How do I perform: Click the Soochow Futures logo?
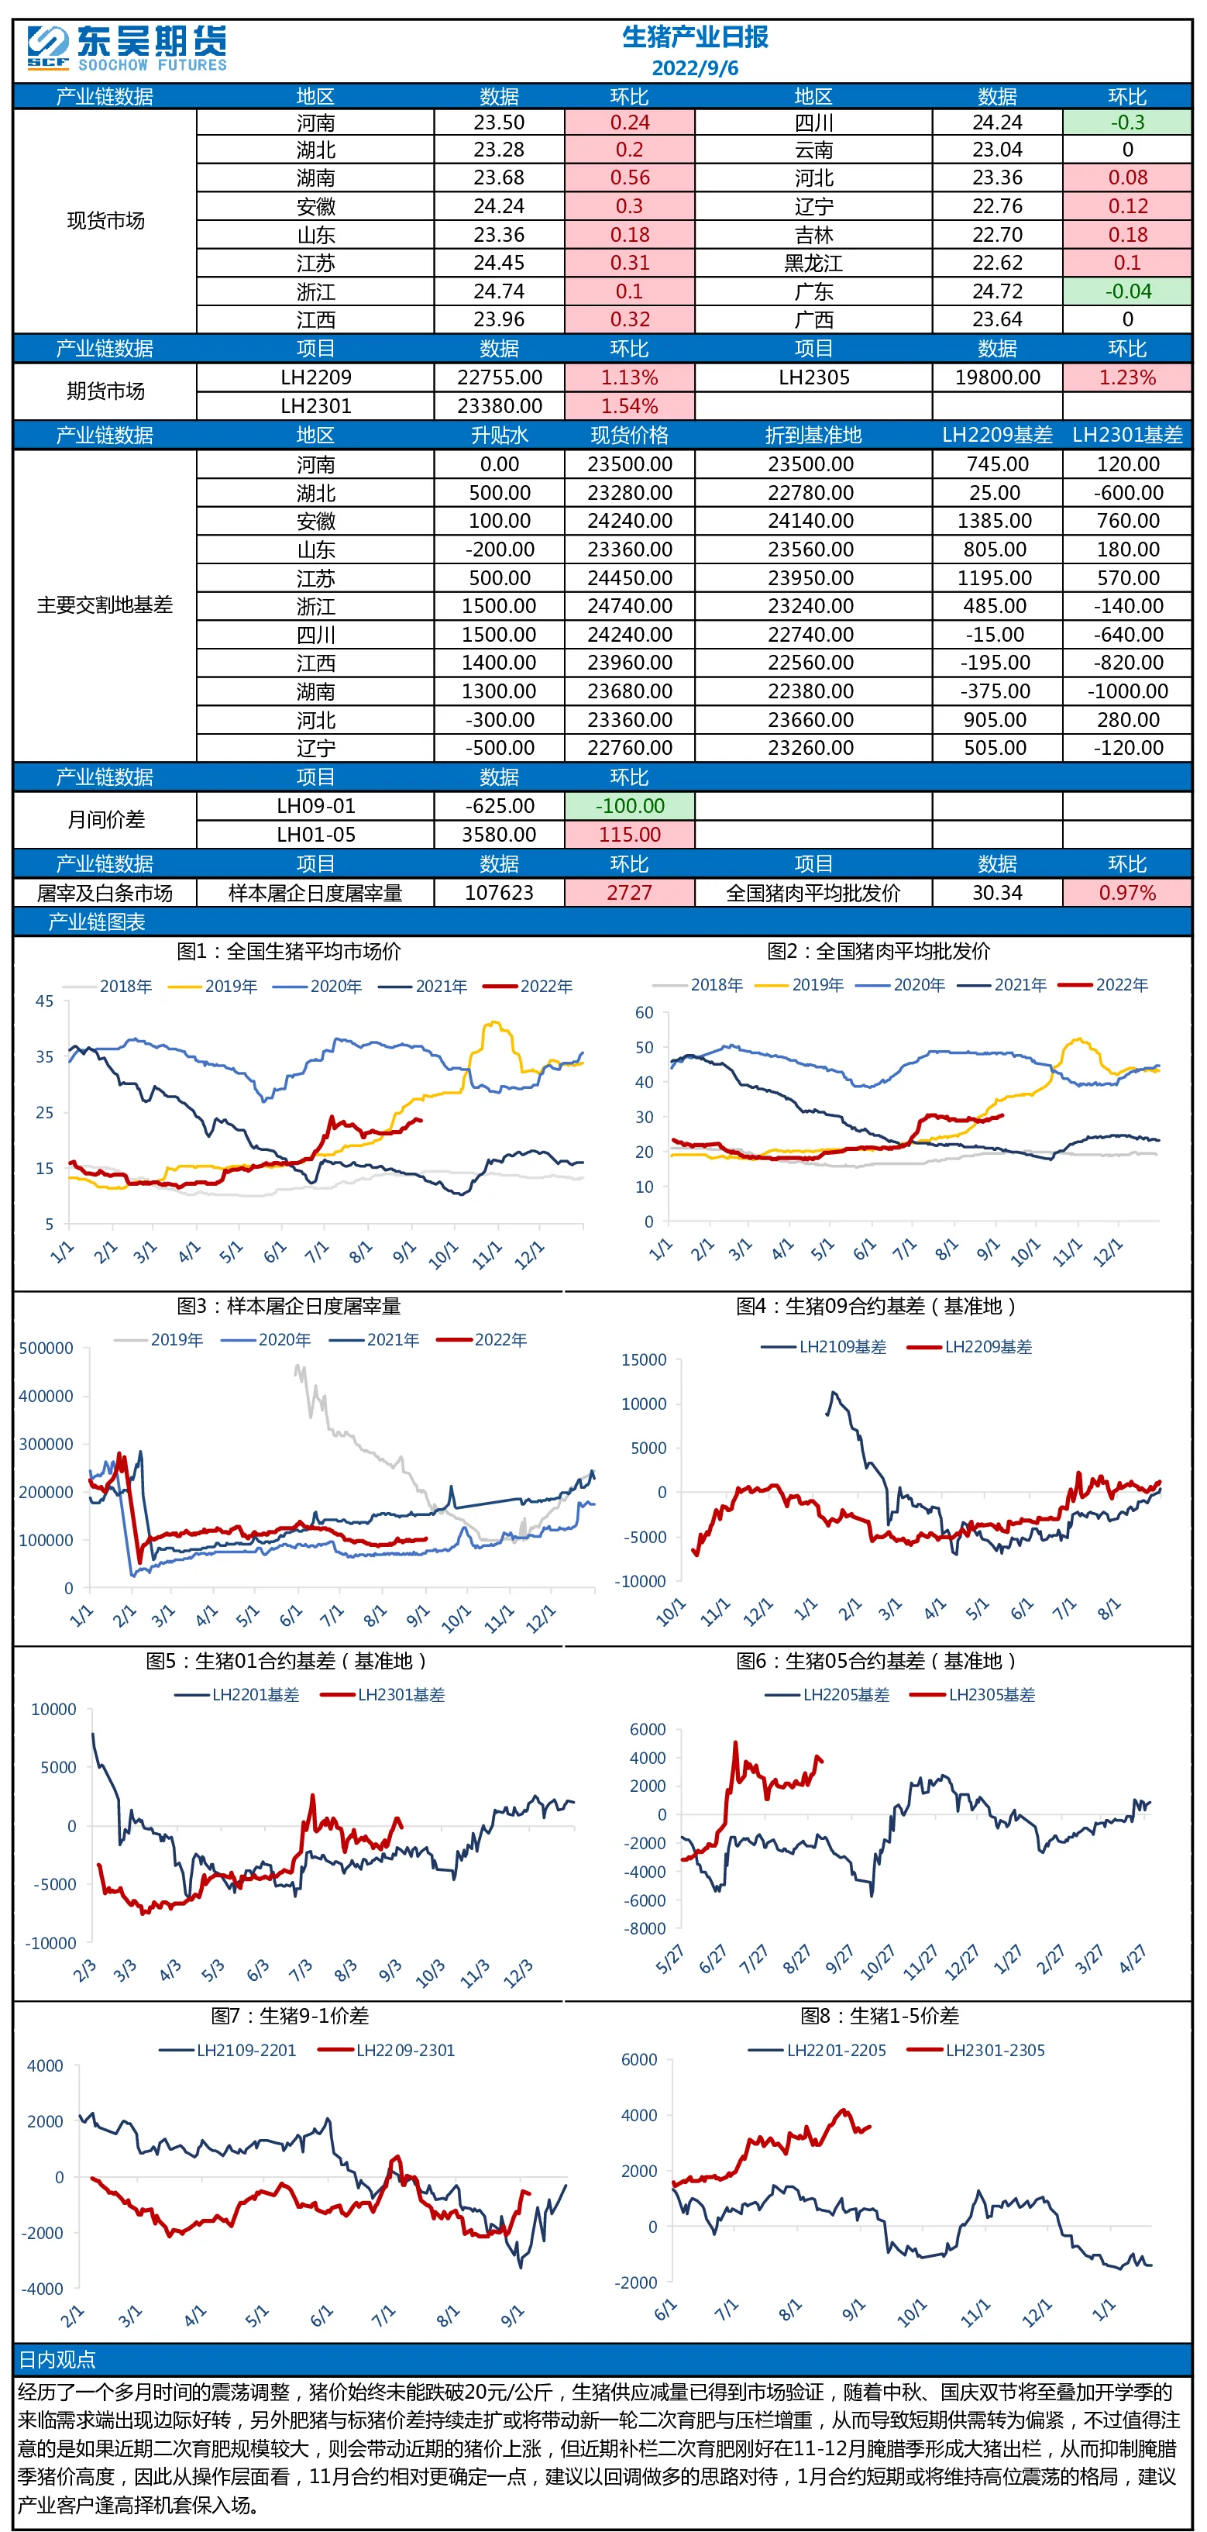(x=127, y=49)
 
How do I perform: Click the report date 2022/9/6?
(x=695, y=68)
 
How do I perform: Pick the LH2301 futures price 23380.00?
(x=500, y=406)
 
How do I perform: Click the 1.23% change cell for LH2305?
(x=1126, y=377)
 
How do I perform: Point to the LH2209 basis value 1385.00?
(x=996, y=521)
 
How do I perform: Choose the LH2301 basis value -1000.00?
(x=1127, y=691)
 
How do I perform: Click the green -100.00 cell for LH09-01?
(x=630, y=806)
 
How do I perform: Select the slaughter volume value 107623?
(x=500, y=893)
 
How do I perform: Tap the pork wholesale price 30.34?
(x=996, y=893)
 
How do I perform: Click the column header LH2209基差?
(x=996, y=436)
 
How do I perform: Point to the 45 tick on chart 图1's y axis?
(x=44, y=1001)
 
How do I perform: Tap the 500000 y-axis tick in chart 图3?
(x=46, y=1348)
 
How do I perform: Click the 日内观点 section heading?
(x=56, y=2359)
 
